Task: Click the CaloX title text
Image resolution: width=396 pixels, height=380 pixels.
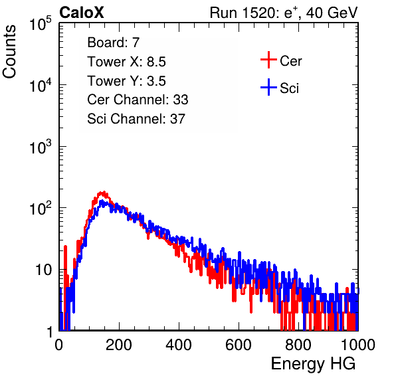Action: [x=81, y=13]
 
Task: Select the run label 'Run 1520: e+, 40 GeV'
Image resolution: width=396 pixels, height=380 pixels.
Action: [x=284, y=13]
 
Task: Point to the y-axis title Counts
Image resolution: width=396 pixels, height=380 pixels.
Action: [x=9, y=52]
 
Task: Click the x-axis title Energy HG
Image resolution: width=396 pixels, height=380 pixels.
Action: [x=313, y=364]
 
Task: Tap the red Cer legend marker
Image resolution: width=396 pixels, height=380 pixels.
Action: [x=268, y=60]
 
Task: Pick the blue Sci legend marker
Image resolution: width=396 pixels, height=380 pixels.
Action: [x=268, y=87]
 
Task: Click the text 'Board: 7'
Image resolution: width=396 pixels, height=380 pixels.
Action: [x=113, y=43]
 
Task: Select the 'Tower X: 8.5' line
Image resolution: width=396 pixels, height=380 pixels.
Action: [x=126, y=62]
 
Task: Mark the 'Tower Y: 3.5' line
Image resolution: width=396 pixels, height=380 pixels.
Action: [x=126, y=81]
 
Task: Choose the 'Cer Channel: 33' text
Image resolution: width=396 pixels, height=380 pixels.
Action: [x=138, y=100]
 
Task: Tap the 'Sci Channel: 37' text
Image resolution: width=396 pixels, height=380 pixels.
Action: [x=136, y=119]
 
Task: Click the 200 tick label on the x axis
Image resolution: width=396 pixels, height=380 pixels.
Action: [x=119, y=345]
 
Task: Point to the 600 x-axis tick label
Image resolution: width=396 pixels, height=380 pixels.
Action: [x=239, y=345]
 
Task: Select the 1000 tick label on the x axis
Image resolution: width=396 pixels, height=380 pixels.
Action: [x=358, y=345]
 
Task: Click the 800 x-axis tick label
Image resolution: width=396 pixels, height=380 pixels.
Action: [x=298, y=345]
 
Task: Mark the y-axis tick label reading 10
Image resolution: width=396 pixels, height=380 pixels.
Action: [x=44, y=270]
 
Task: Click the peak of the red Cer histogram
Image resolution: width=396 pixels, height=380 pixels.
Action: [x=103, y=193]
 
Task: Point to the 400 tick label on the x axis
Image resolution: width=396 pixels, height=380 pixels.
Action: [x=179, y=345]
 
